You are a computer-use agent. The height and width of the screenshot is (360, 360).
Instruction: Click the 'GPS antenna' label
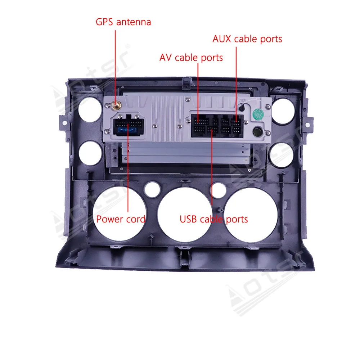coord(123,22)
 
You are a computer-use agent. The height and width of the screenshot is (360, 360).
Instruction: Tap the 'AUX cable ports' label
coord(247,39)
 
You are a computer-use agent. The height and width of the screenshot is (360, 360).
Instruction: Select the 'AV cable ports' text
coord(191,58)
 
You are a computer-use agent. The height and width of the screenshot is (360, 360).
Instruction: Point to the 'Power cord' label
coord(121,219)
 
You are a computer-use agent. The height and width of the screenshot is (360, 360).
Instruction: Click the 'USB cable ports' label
coord(214,219)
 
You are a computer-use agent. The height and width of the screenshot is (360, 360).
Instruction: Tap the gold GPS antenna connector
coord(116,105)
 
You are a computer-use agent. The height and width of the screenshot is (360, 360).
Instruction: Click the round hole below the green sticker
coord(257,131)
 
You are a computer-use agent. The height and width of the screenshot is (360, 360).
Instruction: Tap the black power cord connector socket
coord(127,126)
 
